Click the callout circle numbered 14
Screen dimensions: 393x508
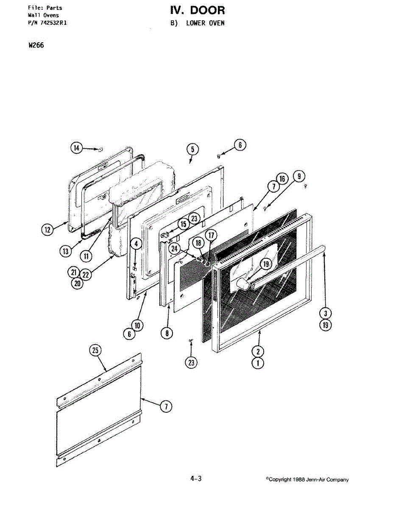[x=76, y=148]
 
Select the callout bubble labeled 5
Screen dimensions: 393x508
[x=192, y=149]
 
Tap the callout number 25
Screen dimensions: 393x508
[x=96, y=350]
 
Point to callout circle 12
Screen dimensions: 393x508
[x=47, y=229]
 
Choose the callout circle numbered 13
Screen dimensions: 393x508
[x=65, y=251]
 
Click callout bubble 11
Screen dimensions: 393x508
[x=87, y=256]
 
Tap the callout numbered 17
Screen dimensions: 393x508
[x=210, y=235]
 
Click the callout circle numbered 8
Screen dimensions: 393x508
[x=167, y=333]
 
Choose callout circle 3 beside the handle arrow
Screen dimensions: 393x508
[x=325, y=314]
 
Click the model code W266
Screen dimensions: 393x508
[x=36, y=46]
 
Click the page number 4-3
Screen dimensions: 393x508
[x=196, y=479]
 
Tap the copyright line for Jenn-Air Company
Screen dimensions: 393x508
[x=308, y=480]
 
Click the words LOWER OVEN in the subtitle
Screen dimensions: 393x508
[x=205, y=23]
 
